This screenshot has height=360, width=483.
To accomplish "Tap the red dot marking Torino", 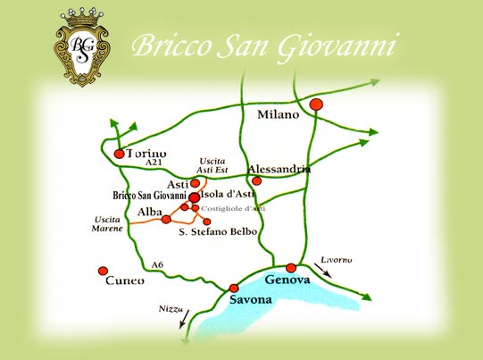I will (x=120, y=154).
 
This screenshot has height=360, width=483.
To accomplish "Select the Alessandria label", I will (x=279, y=169).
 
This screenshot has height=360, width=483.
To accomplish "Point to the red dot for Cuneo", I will (x=103, y=270).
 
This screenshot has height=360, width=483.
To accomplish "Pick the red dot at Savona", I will (x=234, y=288).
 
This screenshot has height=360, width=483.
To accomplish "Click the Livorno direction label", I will (x=334, y=260).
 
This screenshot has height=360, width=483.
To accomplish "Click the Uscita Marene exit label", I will (x=107, y=224).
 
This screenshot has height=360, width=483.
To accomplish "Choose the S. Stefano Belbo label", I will (x=218, y=232).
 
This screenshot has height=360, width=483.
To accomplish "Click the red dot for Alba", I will (x=166, y=219).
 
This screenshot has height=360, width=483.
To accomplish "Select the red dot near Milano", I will (x=315, y=105).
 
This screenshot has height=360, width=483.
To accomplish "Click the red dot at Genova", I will (x=291, y=268).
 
